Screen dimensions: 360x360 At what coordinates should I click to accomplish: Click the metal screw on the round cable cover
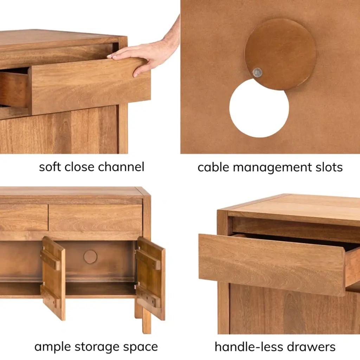point(257,72)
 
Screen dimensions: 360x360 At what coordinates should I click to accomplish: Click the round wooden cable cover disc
point(280,54)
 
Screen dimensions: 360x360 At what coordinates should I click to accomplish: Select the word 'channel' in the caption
point(121,167)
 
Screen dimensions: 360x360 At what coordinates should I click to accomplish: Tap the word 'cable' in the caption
point(213,167)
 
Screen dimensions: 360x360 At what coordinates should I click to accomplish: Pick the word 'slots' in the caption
point(329,167)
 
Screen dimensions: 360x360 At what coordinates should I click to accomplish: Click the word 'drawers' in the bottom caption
point(311,347)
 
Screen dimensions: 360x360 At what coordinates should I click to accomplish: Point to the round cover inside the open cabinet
point(90,256)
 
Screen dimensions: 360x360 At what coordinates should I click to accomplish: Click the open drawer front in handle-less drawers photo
point(272,264)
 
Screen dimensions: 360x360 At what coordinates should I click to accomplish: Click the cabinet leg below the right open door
point(147,321)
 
